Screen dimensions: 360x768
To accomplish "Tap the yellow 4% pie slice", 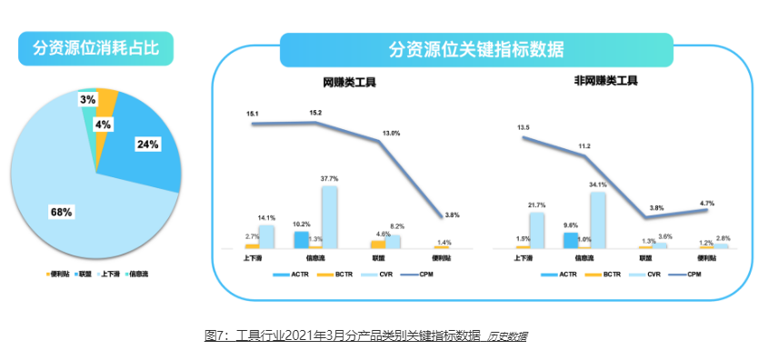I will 106,105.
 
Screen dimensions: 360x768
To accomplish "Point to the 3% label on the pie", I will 88,99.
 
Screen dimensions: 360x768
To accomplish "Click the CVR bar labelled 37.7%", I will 329,216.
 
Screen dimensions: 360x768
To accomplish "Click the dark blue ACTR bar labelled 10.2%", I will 301,239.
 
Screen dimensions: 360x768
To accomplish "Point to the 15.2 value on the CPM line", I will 315,113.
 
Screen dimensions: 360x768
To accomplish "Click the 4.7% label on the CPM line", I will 705,204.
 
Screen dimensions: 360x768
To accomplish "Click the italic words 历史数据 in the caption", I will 507,336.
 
